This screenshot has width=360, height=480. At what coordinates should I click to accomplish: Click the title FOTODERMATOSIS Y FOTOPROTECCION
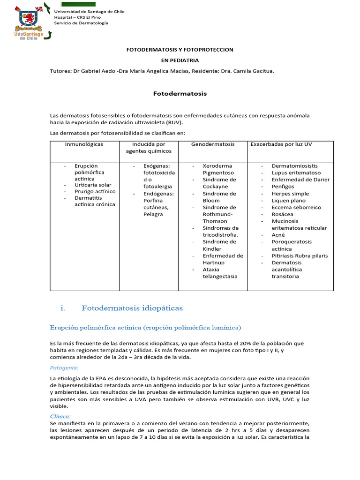pyautogui.click(x=180, y=50)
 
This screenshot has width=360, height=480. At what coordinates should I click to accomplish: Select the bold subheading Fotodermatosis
pyautogui.click(x=180, y=94)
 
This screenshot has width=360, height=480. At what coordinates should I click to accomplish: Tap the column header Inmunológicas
pyautogui.click(x=84, y=144)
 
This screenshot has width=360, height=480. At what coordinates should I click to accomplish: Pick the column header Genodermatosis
pyautogui.click(x=213, y=144)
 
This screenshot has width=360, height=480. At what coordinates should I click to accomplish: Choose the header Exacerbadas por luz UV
pyautogui.click(x=281, y=144)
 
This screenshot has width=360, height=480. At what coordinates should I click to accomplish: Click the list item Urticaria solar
pyautogui.click(x=93, y=185)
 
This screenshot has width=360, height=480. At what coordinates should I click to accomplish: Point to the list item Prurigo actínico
pyautogui.click(x=95, y=192)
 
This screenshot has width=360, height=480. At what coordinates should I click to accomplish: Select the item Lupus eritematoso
pyautogui.click(x=296, y=173)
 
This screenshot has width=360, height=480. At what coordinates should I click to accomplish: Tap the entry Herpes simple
pyautogui.click(x=290, y=194)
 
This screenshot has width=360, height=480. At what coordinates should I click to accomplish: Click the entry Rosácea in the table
pyautogui.click(x=283, y=214)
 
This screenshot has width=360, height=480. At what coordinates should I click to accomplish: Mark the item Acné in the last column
pyautogui.click(x=278, y=235)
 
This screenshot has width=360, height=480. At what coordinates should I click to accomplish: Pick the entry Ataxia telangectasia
pyautogui.click(x=220, y=273)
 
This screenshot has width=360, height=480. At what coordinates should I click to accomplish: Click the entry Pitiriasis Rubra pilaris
pyautogui.click(x=300, y=256)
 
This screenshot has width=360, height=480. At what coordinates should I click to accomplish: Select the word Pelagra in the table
pyautogui.click(x=153, y=214)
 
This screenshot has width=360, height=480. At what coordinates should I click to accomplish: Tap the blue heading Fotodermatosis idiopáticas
pyautogui.click(x=132, y=308)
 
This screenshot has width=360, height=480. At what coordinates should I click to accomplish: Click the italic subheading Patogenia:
pyautogui.click(x=64, y=368)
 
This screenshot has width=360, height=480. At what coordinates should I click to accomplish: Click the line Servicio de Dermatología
pyautogui.click(x=81, y=23)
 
